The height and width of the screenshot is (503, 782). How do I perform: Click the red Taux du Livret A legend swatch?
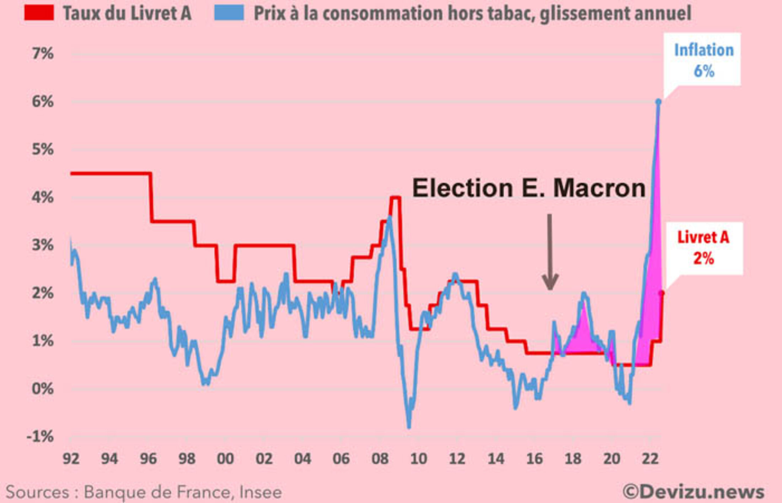click(x=39, y=13)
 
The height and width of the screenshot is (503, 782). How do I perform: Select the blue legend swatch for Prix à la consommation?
click(x=229, y=13)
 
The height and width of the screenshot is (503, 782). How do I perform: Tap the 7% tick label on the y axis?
click(x=43, y=54)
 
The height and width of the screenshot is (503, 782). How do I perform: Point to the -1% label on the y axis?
click(x=40, y=436)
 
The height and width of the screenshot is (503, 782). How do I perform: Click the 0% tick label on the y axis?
click(x=43, y=389)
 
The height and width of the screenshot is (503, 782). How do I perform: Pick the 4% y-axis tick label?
click(x=43, y=197)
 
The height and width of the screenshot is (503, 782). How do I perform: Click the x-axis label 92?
click(x=71, y=459)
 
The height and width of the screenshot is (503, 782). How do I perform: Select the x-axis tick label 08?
click(x=380, y=459)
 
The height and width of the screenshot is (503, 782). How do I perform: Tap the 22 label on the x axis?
click(x=650, y=459)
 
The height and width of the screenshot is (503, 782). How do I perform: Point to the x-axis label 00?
click(x=225, y=459)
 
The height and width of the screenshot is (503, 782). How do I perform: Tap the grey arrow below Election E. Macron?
click(x=550, y=252)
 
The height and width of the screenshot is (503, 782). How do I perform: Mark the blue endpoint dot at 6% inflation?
click(x=658, y=102)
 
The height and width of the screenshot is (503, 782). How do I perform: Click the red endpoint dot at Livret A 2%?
click(x=662, y=293)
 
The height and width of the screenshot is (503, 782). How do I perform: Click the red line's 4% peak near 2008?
click(x=395, y=197)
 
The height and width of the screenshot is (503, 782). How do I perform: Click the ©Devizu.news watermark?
click(x=693, y=492)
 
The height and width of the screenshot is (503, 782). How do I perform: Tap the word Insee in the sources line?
click(x=261, y=492)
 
